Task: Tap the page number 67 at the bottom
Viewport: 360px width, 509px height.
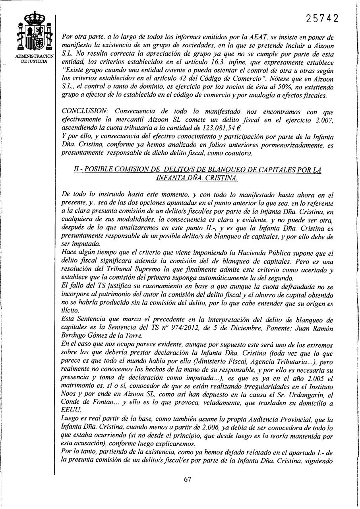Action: [x=188, y=479]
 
